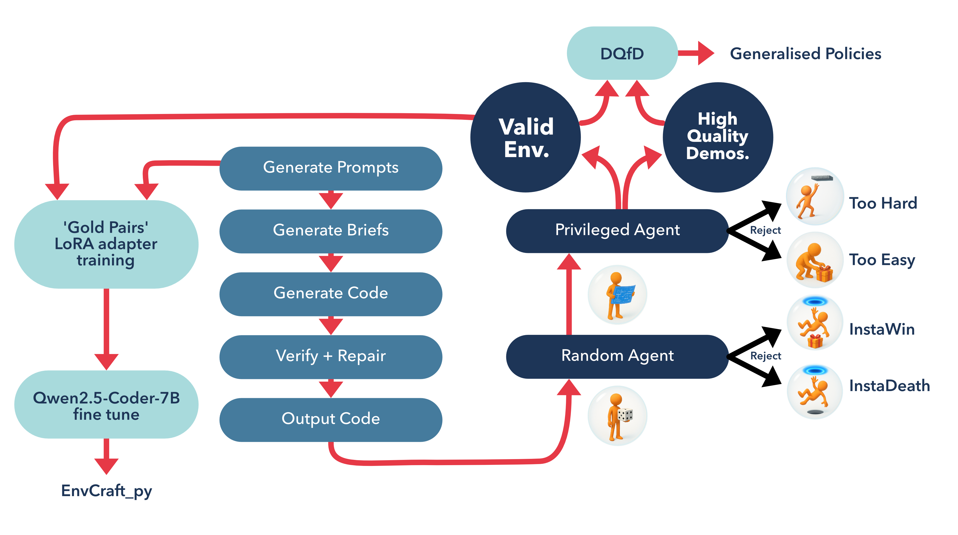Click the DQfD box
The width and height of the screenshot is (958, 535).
[622, 53]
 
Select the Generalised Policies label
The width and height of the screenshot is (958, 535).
[805, 54]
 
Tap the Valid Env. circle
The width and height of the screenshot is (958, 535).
[525, 137]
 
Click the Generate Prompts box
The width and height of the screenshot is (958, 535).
[331, 168]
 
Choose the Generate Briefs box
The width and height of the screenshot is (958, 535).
[331, 231]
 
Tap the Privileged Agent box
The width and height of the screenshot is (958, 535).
[617, 230]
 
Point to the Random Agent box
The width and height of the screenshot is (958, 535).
[617, 356]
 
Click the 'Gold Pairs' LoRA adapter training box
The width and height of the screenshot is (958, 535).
[106, 244]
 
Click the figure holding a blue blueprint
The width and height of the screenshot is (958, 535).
[618, 295]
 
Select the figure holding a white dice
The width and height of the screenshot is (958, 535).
[618, 416]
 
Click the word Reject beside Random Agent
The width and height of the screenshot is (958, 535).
[765, 356]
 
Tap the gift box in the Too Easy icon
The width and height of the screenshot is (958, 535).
[824, 274]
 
